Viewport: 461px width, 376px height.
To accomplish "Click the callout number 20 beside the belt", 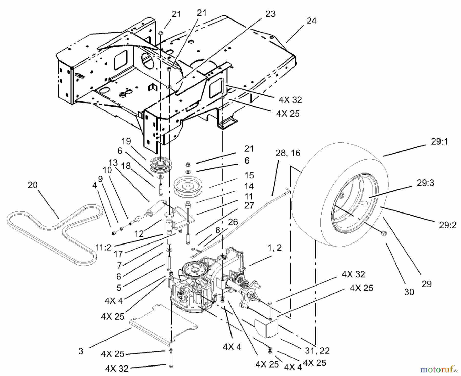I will coord(32,185).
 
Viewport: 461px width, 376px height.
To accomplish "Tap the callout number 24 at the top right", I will coord(311,21).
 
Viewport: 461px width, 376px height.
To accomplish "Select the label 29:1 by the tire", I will coord(439,141).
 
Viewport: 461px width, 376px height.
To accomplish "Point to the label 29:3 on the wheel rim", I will coord(425,183).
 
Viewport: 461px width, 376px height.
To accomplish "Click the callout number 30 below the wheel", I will coord(409,292).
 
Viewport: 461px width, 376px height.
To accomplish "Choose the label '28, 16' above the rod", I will coord(288,153).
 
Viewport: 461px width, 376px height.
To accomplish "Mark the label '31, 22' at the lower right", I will coord(317,350).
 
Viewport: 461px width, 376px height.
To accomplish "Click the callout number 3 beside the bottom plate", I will coord(81,351).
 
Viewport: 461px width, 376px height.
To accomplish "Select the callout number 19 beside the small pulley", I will coord(126,141).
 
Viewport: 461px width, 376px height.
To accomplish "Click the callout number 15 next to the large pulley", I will coord(249,175).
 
